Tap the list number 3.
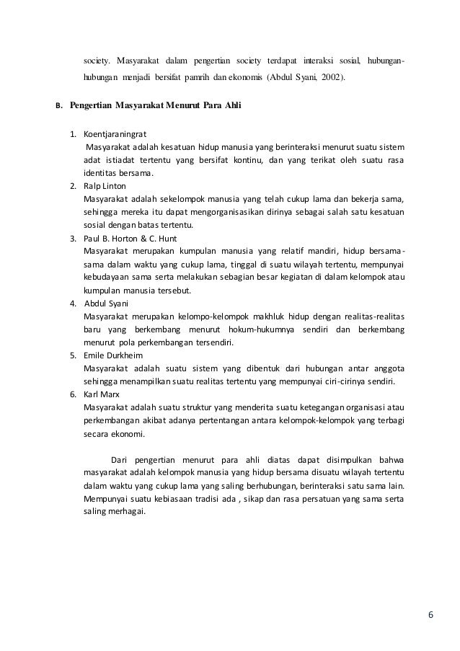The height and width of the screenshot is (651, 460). pyautogui.click(x=73, y=238)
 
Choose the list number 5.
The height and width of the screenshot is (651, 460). pyautogui.click(x=73, y=355)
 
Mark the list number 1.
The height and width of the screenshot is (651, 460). pyautogui.click(x=73, y=134)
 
